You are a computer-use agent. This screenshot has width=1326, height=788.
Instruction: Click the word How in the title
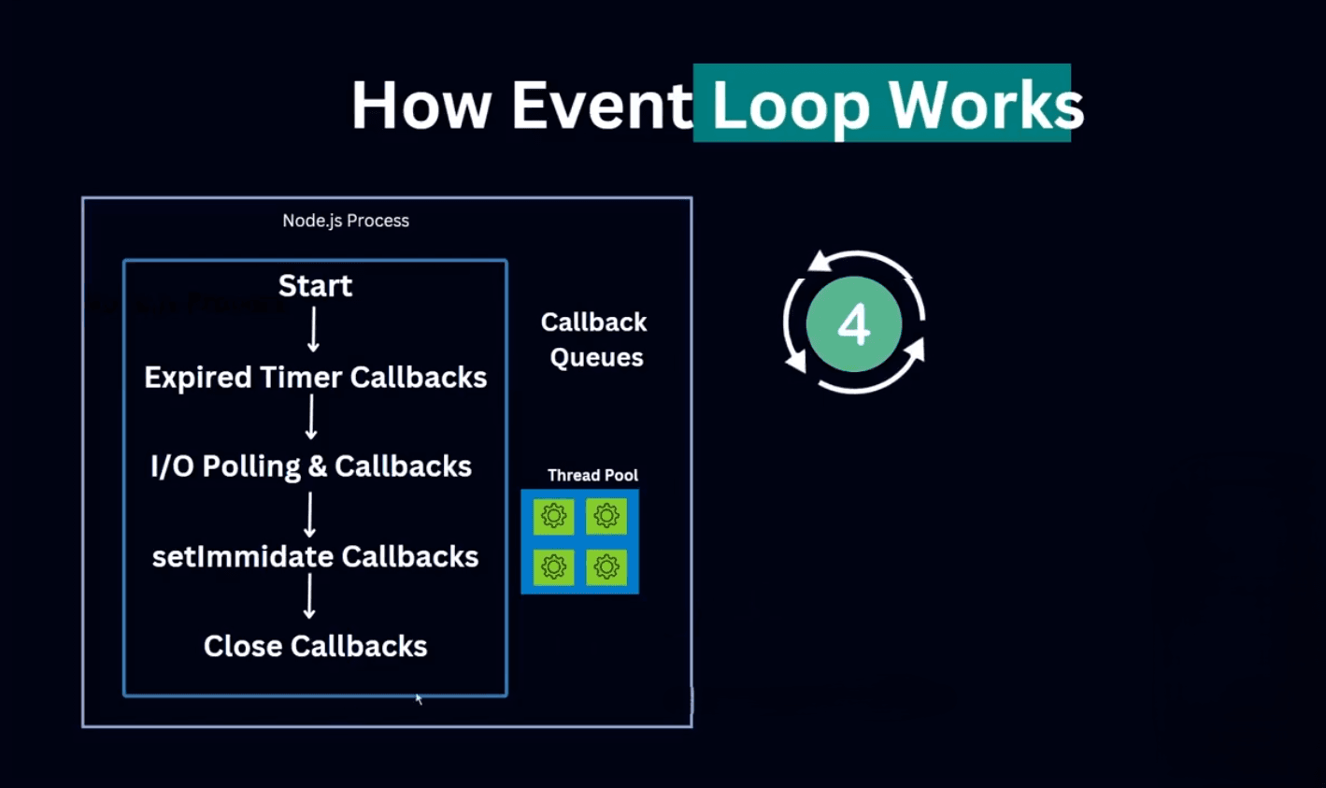(x=421, y=105)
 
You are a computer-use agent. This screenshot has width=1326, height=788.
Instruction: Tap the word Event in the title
(x=602, y=105)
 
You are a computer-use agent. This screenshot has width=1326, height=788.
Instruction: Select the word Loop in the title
(x=791, y=107)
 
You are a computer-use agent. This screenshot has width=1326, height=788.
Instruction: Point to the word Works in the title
(x=986, y=105)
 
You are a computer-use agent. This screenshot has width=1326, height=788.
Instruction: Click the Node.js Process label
(x=346, y=221)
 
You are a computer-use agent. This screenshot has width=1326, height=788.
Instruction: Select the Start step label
(x=315, y=285)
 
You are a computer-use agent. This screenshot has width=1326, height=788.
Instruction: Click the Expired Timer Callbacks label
(x=315, y=377)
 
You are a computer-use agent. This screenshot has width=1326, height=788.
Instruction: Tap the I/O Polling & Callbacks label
(x=311, y=466)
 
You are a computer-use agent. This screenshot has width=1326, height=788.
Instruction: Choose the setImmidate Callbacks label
(x=315, y=556)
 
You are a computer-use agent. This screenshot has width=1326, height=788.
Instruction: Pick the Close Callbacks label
(x=315, y=646)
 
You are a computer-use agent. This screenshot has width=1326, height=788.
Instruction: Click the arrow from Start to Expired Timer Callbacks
(x=313, y=329)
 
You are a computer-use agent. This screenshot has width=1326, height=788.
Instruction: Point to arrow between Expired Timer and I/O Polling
(x=311, y=418)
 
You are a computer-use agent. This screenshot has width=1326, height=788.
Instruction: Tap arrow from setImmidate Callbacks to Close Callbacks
(x=309, y=596)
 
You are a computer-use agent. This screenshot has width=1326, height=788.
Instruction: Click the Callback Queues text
(x=594, y=339)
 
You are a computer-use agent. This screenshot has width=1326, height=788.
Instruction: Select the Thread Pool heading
(x=592, y=475)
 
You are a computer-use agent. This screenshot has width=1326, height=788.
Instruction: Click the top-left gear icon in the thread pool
(x=553, y=515)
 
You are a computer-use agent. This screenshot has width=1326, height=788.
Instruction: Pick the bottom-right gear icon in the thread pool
(x=606, y=566)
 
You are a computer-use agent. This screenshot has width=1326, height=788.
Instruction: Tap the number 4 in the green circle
(x=853, y=324)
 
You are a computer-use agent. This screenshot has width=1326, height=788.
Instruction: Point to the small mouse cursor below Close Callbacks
(x=419, y=698)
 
